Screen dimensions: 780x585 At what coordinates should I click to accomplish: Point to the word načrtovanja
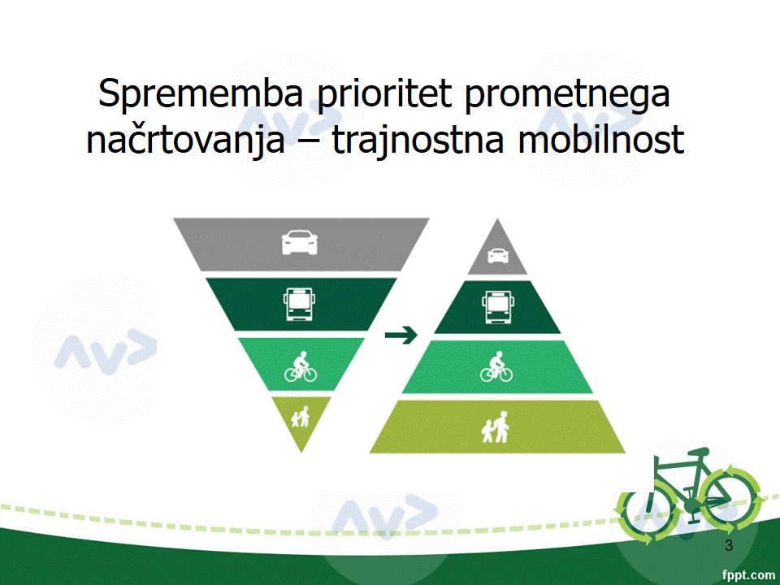pos(185,140)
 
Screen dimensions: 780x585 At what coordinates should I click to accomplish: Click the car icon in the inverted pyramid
pos(300,242)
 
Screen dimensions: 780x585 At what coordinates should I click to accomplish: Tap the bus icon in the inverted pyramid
pos(299,304)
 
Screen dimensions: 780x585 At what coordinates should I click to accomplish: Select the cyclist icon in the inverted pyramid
pos(301,366)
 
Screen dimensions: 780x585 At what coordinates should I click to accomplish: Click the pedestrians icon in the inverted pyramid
pos(301,417)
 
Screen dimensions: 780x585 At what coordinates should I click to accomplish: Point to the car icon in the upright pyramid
pos(498,256)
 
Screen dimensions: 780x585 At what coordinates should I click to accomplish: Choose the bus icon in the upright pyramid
pos(498,307)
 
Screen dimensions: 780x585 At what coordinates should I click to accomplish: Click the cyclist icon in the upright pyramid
pos(496,366)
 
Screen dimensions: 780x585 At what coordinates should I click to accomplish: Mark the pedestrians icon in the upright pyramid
pos(496,427)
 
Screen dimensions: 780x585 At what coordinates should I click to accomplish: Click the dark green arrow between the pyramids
pos(401,335)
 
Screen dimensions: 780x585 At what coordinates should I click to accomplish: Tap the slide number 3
pos(729,546)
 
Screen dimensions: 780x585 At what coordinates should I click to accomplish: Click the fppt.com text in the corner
pos(748,575)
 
